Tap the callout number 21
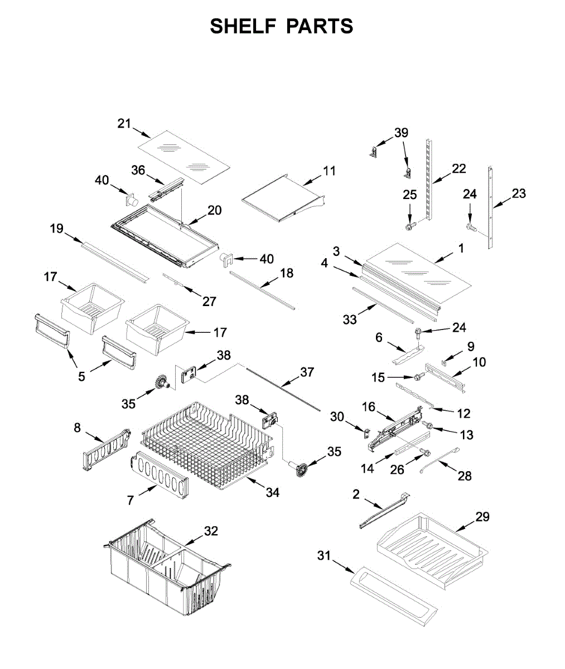[124, 123]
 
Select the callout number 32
[210, 531]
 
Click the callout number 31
[324, 555]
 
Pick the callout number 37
[307, 372]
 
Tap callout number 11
[330, 171]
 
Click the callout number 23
[518, 193]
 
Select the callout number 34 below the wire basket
[272, 492]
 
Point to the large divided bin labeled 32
[167, 569]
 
